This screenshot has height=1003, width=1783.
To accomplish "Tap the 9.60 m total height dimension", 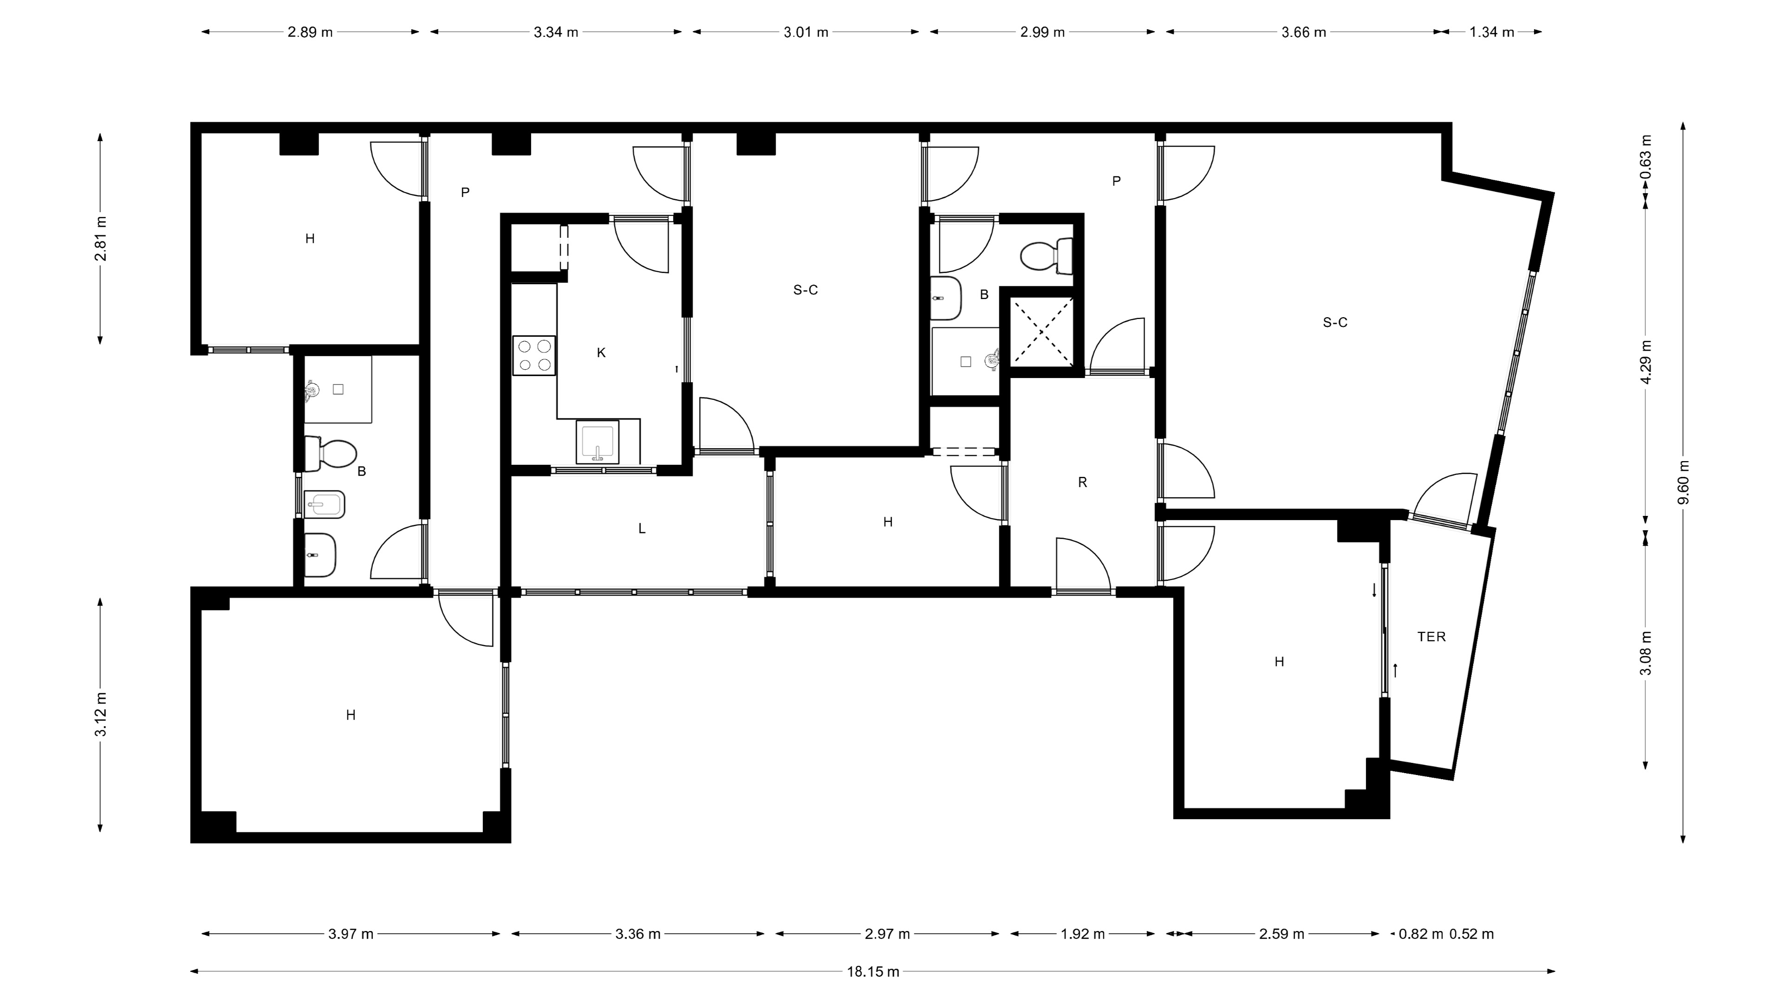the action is click(x=1683, y=482).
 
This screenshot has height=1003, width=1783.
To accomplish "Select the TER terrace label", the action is click(x=1432, y=637).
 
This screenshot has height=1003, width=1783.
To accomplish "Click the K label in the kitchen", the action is click(x=601, y=353).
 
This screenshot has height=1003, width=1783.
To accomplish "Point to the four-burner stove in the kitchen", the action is click(x=534, y=356).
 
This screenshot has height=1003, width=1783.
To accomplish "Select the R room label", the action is click(x=1082, y=482).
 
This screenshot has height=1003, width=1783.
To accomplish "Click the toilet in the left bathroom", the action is click(x=330, y=453).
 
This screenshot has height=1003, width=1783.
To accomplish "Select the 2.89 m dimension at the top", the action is click(x=310, y=32).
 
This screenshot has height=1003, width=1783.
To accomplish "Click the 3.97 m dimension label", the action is click(x=351, y=934).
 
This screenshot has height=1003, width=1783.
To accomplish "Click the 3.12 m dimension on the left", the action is click(x=101, y=714).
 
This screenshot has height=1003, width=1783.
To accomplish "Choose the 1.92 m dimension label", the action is click(x=1082, y=934).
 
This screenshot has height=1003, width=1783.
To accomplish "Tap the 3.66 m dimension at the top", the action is click(x=1303, y=32).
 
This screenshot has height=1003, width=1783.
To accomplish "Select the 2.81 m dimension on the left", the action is click(x=101, y=239).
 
